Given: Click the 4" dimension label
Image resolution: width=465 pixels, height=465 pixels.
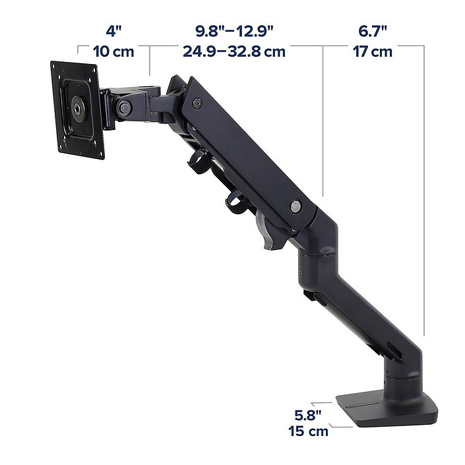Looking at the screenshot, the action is click(x=114, y=31).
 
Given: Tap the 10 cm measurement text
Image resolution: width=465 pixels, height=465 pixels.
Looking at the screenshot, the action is click(x=113, y=51).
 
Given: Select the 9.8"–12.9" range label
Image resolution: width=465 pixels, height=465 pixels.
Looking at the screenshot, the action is click(x=234, y=31).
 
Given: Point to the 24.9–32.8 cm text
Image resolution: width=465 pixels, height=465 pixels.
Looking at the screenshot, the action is click(x=234, y=51).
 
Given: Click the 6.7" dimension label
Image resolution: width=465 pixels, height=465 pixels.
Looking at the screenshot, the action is click(x=373, y=31).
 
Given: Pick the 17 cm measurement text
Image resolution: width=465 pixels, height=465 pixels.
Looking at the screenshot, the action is click(x=373, y=51).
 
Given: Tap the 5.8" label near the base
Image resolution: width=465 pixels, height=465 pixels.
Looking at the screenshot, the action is click(x=308, y=415).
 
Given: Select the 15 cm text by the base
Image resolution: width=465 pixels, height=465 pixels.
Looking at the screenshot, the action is click(x=309, y=431).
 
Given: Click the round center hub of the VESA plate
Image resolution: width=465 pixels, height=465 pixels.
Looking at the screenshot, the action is click(x=78, y=109).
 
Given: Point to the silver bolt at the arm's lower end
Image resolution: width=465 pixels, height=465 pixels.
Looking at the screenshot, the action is click(x=295, y=206).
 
